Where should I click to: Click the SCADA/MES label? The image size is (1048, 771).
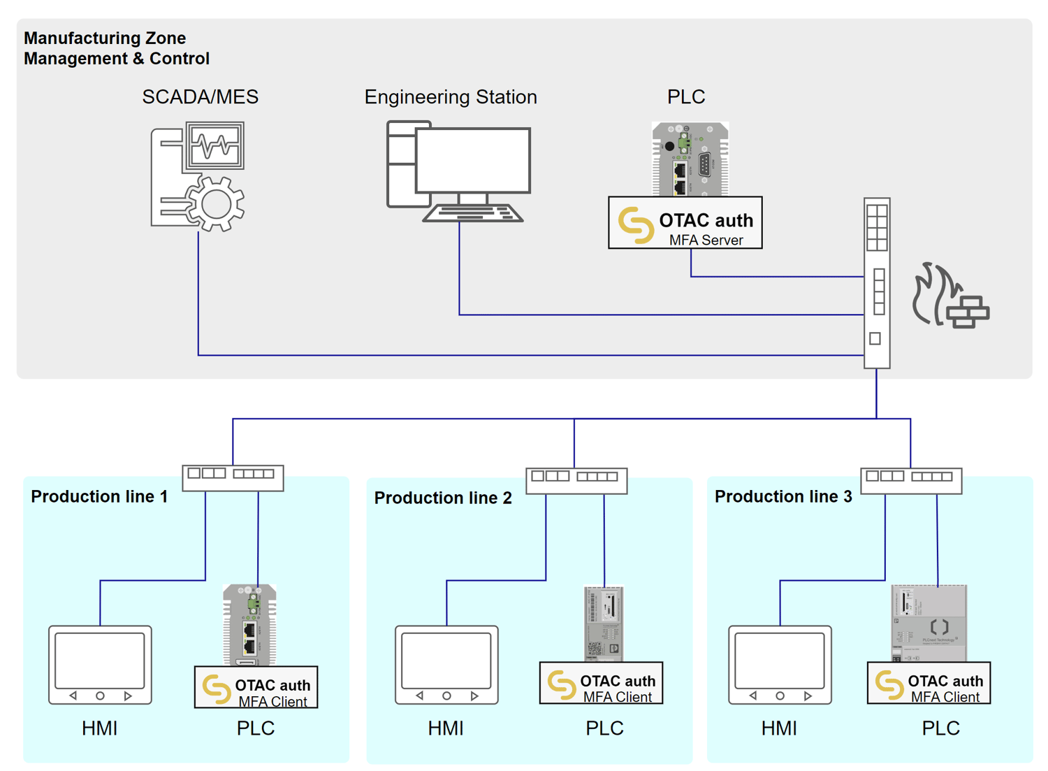tap(200, 97)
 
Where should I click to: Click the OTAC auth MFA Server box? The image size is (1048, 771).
tap(685, 223)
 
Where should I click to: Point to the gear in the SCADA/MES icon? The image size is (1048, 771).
tap(216, 204)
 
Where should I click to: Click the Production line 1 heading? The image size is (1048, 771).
tap(99, 496)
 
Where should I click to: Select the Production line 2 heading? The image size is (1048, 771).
tap(443, 498)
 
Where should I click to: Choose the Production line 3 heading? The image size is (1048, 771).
tap(783, 496)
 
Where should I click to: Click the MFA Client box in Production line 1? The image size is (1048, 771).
tap(256, 688)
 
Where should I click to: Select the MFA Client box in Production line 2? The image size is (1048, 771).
tap(601, 684)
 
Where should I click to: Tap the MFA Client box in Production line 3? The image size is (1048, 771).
tap(929, 684)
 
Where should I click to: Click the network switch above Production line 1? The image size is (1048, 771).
tap(233, 477)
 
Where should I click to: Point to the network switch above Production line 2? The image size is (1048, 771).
tap(576, 480)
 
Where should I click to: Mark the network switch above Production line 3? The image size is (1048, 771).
tap(911, 480)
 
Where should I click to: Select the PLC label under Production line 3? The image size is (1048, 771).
tap(940, 728)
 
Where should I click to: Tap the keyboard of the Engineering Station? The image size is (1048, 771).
tap(473, 213)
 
